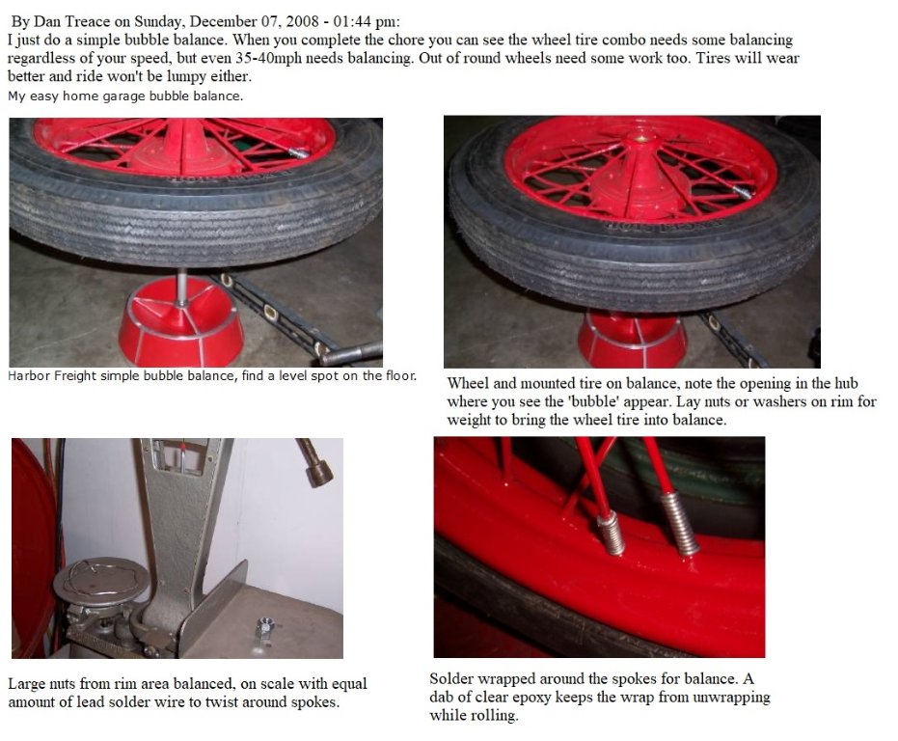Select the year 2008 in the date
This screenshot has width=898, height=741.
pos(302,22)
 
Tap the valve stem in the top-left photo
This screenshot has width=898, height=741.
pos(299,152)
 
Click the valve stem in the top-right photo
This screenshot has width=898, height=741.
pos(743,193)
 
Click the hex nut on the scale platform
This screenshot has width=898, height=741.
pos(264,625)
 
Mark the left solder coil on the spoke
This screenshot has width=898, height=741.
pos(611,533)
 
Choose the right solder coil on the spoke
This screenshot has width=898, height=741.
pos(680,523)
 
